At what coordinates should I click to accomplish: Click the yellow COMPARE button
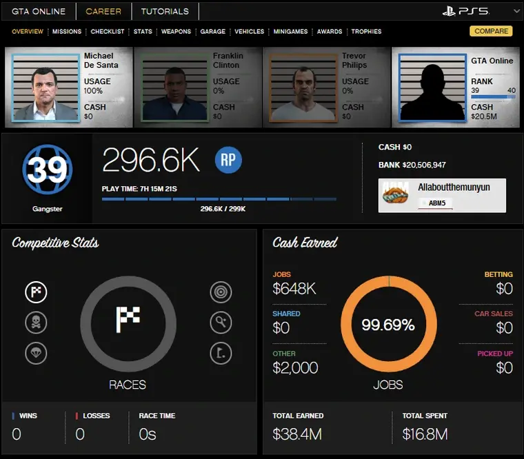tap(490, 31)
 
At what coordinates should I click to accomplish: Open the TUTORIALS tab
tap(165, 11)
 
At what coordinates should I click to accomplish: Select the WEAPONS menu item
tap(176, 32)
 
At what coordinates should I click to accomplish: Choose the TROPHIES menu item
tap(366, 32)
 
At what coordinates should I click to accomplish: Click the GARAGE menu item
tap(212, 32)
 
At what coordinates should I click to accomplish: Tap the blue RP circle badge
tap(228, 160)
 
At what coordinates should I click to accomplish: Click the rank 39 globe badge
tap(48, 169)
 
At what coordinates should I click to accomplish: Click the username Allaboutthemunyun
tap(454, 187)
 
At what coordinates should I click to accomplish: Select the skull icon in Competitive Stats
tap(36, 322)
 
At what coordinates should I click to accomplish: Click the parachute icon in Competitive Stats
tap(36, 352)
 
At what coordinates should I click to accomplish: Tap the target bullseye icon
tap(221, 292)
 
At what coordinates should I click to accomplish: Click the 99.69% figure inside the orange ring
tap(388, 325)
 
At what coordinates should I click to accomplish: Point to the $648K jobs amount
tap(294, 289)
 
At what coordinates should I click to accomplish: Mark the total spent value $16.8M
tap(425, 434)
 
